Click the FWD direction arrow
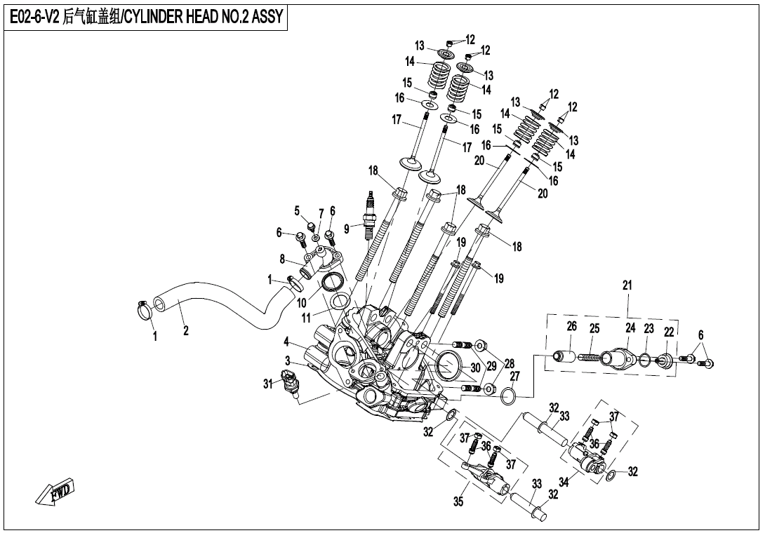tap(54, 492)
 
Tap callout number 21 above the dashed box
tap(627, 285)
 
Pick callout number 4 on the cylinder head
tap(286, 342)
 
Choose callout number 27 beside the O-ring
tap(514, 377)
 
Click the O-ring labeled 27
tap(510, 398)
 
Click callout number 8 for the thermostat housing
tap(283, 259)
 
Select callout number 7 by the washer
tap(321, 213)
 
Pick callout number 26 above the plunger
tap(571, 328)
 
